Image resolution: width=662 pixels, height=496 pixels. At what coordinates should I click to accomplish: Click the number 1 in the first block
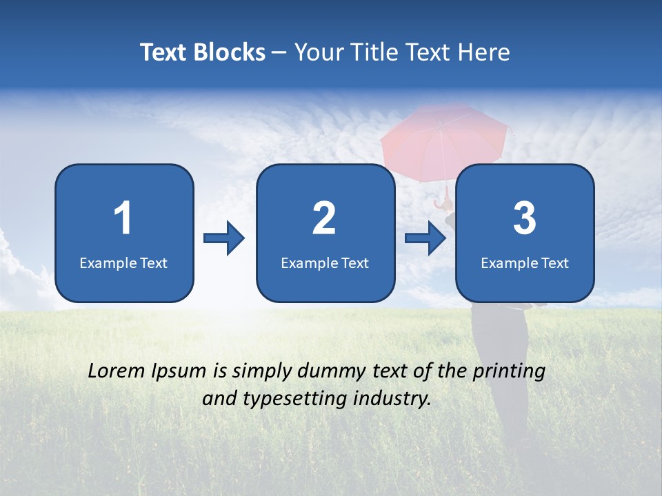click(x=123, y=218)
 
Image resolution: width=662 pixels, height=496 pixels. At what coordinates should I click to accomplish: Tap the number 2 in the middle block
click(x=324, y=218)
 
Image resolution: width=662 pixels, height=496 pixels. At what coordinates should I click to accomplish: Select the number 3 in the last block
click(x=525, y=218)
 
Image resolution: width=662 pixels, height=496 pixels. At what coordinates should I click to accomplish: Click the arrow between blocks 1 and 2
click(x=224, y=238)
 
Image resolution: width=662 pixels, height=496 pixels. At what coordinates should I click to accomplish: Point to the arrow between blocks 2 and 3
click(x=425, y=238)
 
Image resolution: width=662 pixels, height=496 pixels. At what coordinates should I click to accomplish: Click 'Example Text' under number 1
click(x=123, y=263)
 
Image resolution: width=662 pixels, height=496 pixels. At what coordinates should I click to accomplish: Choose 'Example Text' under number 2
click(x=325, y=263)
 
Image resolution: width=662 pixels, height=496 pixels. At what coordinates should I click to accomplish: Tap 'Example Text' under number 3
click(x=525, y=263)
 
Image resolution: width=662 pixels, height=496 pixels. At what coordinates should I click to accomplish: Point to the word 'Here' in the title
click(x=485, y=52)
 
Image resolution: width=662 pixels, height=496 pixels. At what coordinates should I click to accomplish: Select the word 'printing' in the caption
click(x=509, y=372)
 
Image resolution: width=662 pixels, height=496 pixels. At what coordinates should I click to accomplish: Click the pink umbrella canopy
click(x=444, y=138)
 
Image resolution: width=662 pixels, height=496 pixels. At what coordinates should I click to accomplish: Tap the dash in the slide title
click(x=280, y=53)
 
